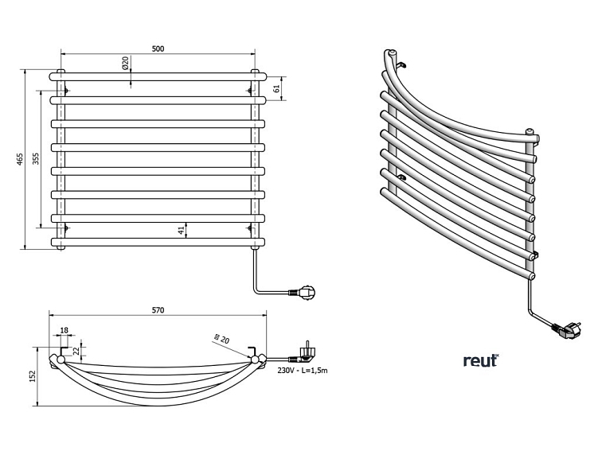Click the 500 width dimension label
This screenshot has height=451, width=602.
[x=158, y=49]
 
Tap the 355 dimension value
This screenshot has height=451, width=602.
[x=35, y=159]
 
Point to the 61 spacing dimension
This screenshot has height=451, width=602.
[x=277, y=88]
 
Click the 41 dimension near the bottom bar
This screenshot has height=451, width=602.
[x=182, y=230]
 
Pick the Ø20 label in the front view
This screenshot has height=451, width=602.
[x=126, y=64]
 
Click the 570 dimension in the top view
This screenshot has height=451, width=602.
[x=158, y=311]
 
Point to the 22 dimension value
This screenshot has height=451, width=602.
[x=76, y=350]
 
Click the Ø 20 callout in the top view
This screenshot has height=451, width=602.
[x=224, y=339]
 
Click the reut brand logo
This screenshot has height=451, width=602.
[x=480, y=360]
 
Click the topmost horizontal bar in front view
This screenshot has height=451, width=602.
[x=158, y=76]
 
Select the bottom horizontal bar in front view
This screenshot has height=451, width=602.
[x=158, y=241]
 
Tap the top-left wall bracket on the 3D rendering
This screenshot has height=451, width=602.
[x=402, y=63]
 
